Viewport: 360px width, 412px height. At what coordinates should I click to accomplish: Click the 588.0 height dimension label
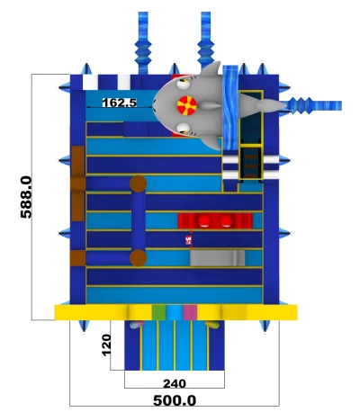pyautogui.click(x=26, y=197)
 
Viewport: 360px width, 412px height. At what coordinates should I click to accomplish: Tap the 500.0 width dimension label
pyautogui.click(x=175, y=400)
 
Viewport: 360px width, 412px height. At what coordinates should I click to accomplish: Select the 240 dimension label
pyautogui.click(x=175, y=383)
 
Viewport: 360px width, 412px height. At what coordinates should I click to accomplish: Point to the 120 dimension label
pyautogui.click(x=106, y=345)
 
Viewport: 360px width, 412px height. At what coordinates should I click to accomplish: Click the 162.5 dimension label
pyautogui.click(x=120, y=103)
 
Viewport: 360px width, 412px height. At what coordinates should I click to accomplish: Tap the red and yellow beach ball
pyautogui.click(x=186, y=105)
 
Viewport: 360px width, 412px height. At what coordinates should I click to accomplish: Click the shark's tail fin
pyautogui.click(x=271, y=105)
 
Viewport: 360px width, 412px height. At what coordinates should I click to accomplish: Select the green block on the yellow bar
pyautogui.click(x=158, y=312)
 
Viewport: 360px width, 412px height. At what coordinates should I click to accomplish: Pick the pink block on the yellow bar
pyautogui.click(x=190, y=312)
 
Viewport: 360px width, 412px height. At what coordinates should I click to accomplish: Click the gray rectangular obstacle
pyautogui.click(x=217, y=258)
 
